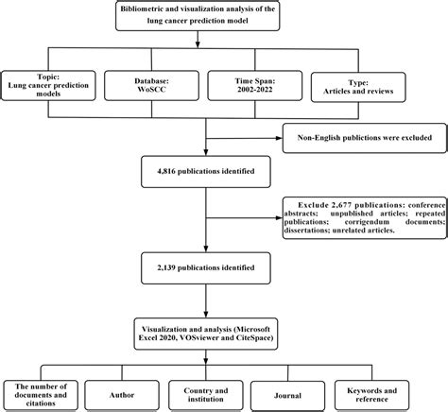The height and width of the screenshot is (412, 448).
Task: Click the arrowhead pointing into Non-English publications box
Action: tap(283, 138)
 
